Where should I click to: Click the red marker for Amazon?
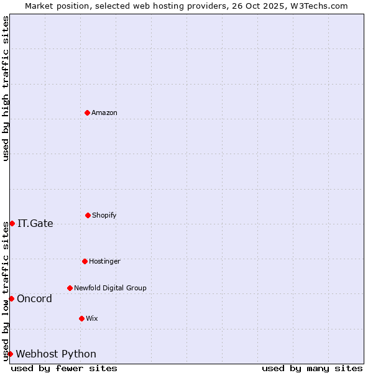[x=87, y=113]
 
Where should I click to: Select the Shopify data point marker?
[x=88, y=215]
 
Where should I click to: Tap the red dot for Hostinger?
[x=85, y=261]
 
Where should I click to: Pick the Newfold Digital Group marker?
[x=70, y=288]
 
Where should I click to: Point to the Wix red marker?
[x=81, y=318]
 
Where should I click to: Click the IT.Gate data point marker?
[x=12, y=223]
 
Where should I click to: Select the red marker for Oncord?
[x=11, y=298]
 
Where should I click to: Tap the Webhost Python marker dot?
[x=10, y=354]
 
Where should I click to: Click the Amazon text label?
[x=104, y=113]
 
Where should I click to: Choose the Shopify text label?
[x=104, y=215]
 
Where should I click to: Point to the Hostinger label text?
[x=104, y=261]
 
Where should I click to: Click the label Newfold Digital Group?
[x=110, y=288]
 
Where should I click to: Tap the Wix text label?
[x=92, y=318]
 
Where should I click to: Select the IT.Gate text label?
[x=35, y=223]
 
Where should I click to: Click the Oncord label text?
[x=34, y=298]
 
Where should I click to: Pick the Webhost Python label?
[x=56, y=354]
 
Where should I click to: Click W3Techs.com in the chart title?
[x=320, y=6]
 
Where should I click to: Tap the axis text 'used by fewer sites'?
[x=64, y=368]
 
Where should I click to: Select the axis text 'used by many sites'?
[x=312, y=368]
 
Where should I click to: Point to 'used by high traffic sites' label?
[x=6, y=88]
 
